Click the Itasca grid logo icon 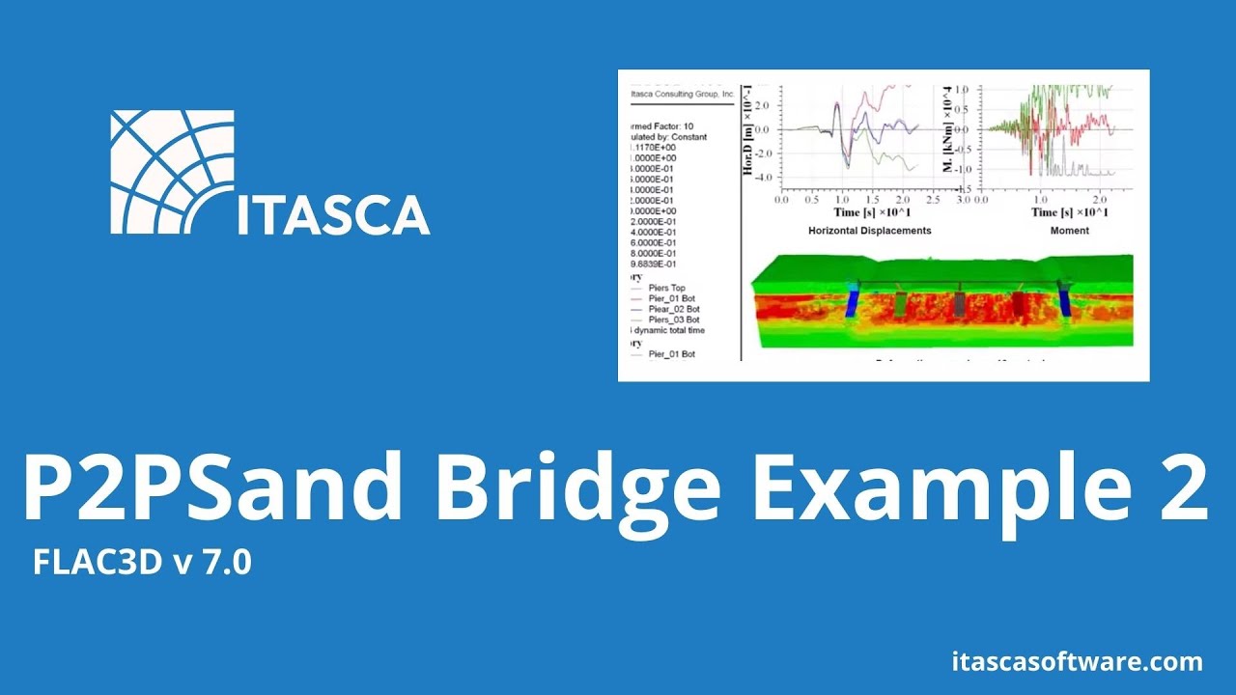[172, 171]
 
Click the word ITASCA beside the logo [333, 215]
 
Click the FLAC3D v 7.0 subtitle [142, 563]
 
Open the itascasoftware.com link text [1077, 662]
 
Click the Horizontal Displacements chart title [869, 231]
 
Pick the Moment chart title [1069, 231]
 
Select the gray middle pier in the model [960, 303]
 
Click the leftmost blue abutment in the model [853, 301]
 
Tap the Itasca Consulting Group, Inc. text [682, 95]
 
